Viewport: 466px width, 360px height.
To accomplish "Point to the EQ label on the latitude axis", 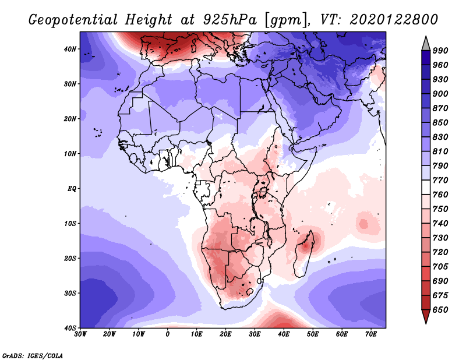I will (72, 189).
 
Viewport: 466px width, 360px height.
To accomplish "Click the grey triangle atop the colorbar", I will (426, 43).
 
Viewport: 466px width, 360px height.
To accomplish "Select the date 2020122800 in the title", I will (393, 19).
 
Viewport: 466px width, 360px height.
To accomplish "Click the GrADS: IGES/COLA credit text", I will (32, 354).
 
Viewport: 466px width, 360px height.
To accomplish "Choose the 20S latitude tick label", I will (71, 258).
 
